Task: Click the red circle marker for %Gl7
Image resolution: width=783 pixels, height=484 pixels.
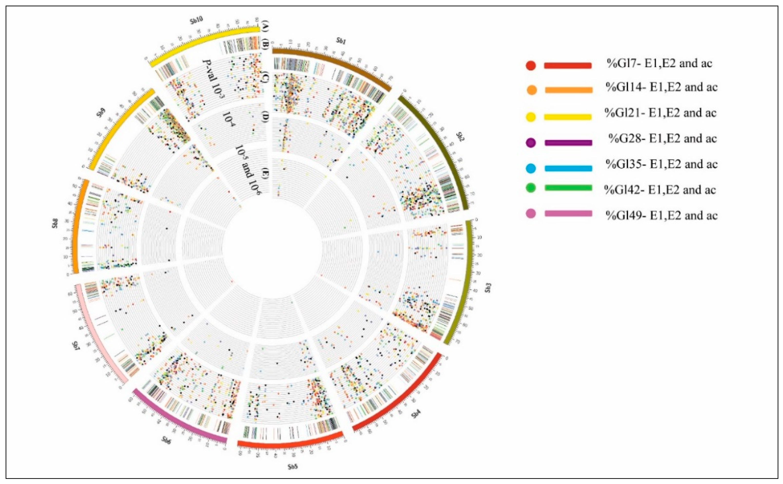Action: point(531,66)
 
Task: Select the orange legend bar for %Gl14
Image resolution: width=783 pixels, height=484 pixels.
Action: point(569,90)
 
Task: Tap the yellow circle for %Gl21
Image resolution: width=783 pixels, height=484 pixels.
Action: point(531,117)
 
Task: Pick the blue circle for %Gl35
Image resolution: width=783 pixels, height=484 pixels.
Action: point(531,168)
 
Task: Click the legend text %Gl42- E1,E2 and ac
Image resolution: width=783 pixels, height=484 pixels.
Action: point(660,190)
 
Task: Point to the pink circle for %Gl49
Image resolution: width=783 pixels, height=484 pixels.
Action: point(531,214)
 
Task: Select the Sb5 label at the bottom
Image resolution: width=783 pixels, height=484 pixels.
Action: point(293,466)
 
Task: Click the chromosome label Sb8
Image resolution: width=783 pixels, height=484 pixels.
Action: point(55,224)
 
